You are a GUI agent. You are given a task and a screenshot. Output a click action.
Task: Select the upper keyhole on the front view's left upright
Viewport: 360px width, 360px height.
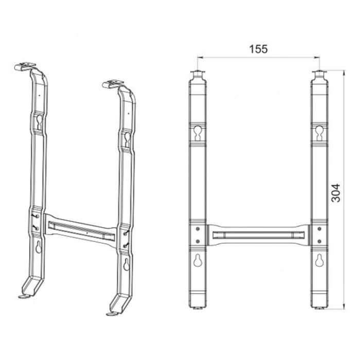(x=199, y=133)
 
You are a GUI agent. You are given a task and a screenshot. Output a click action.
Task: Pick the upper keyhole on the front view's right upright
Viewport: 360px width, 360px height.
(x=319, y=133)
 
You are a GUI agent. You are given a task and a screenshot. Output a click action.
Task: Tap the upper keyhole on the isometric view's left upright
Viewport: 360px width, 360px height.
(x=39, y=121)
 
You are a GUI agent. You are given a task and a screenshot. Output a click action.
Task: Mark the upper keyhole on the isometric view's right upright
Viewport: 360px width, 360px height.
(x=127, y=137)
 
